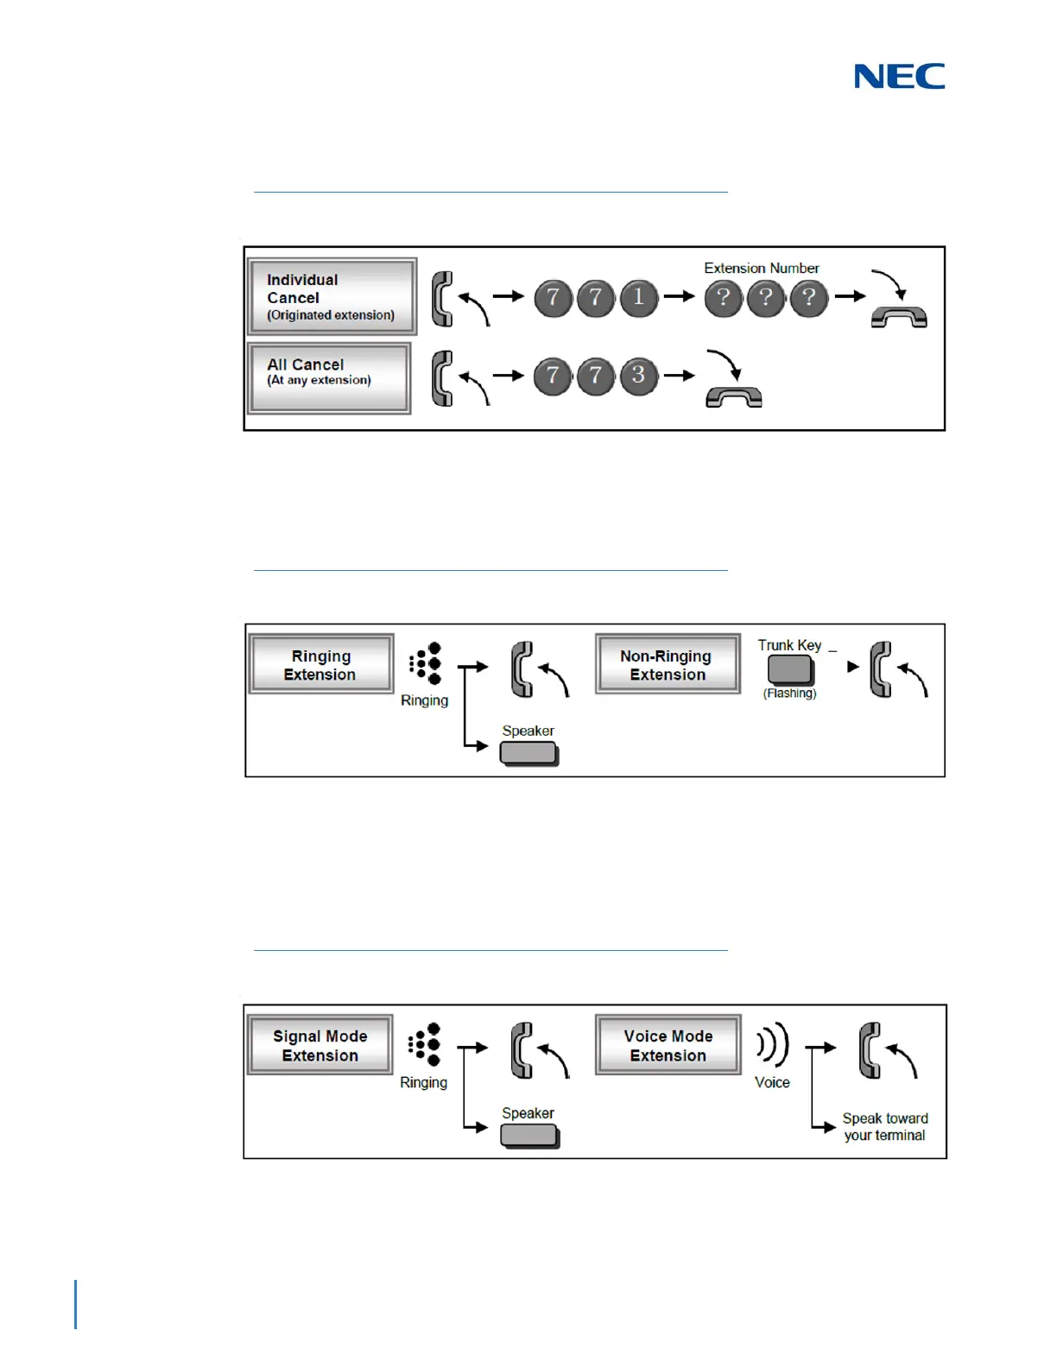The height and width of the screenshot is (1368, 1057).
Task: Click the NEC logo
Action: (x=899, y=76)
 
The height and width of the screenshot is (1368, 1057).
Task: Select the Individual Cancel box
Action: (x=332, y=296)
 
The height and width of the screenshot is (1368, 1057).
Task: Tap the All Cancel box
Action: (x=329, y=377)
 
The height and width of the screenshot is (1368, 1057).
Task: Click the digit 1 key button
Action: (x=639, y=298)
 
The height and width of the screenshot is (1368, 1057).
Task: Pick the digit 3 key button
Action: (x=639, y=377)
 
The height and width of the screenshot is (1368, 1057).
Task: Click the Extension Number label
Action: (x=761, y=268)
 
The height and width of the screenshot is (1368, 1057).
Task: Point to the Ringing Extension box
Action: (x=320, y=664)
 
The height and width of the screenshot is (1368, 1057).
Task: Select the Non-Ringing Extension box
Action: (x=668, y=664)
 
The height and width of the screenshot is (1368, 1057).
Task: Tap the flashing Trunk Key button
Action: (x=790, y=669)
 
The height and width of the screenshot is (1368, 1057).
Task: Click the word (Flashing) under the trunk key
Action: (x=789, y=693)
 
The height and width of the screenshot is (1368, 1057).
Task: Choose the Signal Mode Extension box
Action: (x=320, y=1045)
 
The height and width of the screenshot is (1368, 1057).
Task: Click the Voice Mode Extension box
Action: (x=668, y=1045)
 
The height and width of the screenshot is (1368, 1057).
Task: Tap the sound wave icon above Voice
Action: (x=773, y=1045)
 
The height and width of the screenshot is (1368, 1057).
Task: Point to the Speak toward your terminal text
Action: (x=884, y=1127)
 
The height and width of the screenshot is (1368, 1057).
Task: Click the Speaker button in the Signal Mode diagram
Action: (x=529, y=1135)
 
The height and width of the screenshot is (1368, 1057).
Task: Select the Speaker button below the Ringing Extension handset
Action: (x=529, y=753)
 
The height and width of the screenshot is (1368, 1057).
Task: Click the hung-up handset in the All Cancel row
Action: (x=734, y=396)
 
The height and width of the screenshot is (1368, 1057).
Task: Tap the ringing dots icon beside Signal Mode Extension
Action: (x=425, y=1044)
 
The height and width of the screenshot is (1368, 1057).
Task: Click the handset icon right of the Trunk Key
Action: (x=882, y=668)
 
